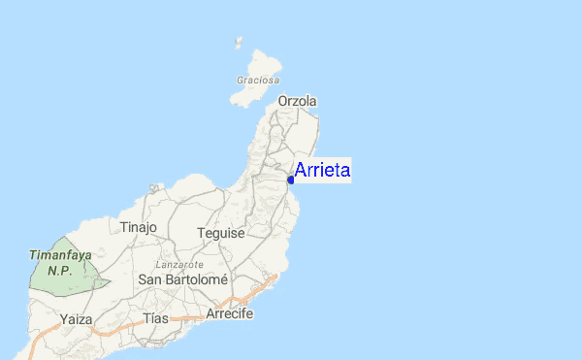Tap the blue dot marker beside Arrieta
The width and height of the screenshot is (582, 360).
(291, 180)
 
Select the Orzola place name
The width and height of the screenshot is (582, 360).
(298, 101)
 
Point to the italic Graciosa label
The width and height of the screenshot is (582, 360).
(258, 80)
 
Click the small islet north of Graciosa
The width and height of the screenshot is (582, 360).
(239, 43)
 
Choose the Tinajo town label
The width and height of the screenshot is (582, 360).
(138, 227)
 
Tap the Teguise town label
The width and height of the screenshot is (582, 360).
(220, 233)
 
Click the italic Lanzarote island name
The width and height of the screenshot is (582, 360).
(179, 264)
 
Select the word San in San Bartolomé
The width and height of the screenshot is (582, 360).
(151, 279)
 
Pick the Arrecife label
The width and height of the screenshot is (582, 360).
(230, 314)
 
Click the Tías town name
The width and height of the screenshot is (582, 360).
(155, 318)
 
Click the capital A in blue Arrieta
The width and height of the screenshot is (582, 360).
(300, 171)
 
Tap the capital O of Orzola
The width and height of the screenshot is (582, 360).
(283, 101)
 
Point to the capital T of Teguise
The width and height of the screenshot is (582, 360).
(201, 233)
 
